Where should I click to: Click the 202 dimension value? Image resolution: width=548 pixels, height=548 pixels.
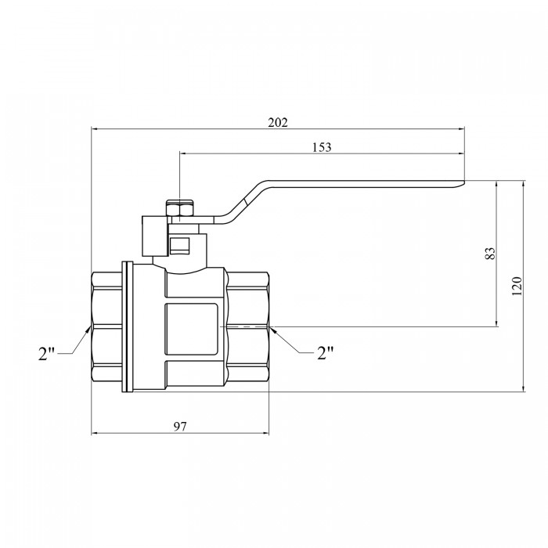pyautogui.click(x=278, y=123)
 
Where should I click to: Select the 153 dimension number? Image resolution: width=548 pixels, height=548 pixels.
pyautogui.click(x=322, y=147)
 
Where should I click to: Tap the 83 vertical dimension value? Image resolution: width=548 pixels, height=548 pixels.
pyautogui.click(x=491, y=254)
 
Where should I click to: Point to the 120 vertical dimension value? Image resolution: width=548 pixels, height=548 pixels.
pyautogui.click(x=517, y=286)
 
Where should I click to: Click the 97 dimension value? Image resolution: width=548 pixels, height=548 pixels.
pyautogui.click(x=180, y=427)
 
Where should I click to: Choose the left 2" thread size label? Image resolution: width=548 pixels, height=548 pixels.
pyautogui.click(x=46, y=354)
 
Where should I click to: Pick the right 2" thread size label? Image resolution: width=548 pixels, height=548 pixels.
pyautogui.click(x=326, y=353)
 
